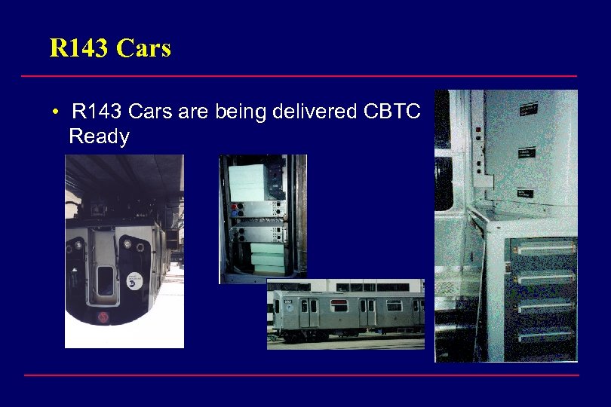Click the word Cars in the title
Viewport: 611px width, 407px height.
[x=145, y=48]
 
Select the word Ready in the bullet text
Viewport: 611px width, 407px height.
[x=99, y=136]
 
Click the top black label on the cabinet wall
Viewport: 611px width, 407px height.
[x=530, y=112]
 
